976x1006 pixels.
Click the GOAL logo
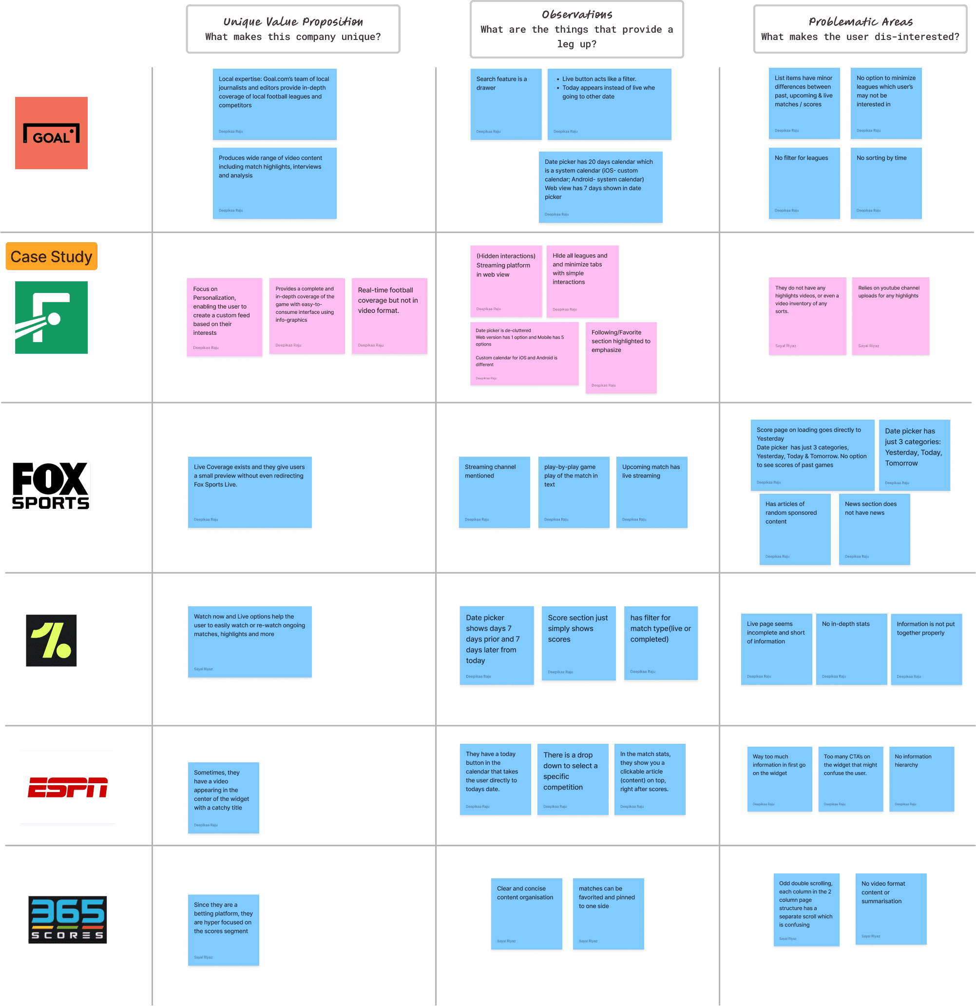point(51,133)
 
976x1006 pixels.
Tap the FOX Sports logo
point(51,486)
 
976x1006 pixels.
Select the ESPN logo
point(68,787)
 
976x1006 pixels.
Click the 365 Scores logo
point(68,919)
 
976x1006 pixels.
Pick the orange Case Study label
point(51,256)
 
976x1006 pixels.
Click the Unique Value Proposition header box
point(293,29)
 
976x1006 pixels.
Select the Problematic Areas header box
point(860,29)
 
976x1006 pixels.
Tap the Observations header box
point(577,29)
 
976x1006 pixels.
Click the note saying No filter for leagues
point(804,183)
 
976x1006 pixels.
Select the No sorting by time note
point(886,183)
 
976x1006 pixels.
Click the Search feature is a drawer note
point(505,104)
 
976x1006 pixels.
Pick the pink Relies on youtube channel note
point(890,316)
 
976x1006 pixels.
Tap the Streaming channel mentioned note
point(494,492)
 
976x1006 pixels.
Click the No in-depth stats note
point(851,649)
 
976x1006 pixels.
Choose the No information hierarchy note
point(921,779)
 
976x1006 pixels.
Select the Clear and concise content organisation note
point(526,913)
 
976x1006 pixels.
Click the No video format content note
point(891,909)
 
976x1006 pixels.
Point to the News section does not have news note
point(874,529)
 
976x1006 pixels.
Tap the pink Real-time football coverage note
point(389,316)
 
